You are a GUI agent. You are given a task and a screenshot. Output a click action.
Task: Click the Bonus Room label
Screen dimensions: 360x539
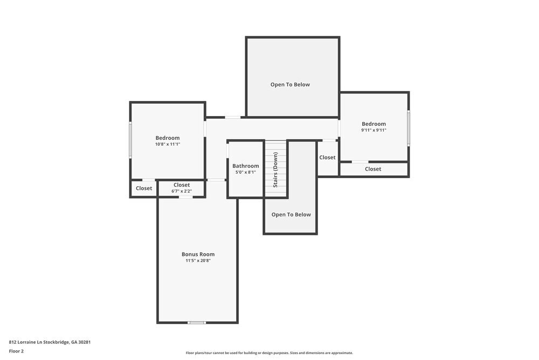[198, 254]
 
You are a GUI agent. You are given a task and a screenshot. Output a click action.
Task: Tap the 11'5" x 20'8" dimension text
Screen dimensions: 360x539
[198, 261]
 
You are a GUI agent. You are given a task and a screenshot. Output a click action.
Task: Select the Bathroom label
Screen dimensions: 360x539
[246, 166]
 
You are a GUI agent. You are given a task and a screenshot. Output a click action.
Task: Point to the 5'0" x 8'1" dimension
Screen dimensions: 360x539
[246, 172]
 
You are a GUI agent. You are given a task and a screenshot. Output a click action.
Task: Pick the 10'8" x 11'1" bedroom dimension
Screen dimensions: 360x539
[168, 144]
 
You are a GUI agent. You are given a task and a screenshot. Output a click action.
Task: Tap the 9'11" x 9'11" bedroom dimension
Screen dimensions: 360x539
[374, 130]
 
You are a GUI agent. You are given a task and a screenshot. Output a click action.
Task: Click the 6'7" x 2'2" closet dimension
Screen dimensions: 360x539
[182, 191]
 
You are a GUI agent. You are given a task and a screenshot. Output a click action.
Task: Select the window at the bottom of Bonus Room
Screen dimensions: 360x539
[197, 323]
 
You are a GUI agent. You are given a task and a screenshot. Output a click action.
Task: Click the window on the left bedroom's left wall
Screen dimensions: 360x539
[130, 140]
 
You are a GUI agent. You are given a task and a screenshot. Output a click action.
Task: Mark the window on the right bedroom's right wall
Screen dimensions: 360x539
[409, 128]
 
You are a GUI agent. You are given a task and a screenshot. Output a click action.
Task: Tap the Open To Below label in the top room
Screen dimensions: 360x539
[290, 84]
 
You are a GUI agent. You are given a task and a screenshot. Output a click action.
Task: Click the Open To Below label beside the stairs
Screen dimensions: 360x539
[291, 214]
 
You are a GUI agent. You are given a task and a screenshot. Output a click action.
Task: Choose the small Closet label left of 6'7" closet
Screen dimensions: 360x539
[144, 188]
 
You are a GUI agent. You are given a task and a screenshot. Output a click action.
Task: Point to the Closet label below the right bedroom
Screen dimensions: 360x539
[373, 169]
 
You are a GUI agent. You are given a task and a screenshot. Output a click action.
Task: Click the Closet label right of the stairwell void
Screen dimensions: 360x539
[327, 158]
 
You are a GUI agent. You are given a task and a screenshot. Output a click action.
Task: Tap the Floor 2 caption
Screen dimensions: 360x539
[16, 351]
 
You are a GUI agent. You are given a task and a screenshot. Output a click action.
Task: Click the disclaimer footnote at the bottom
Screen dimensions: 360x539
[269, 353]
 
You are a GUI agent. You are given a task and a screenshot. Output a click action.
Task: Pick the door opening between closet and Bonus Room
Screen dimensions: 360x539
[185, 197]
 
